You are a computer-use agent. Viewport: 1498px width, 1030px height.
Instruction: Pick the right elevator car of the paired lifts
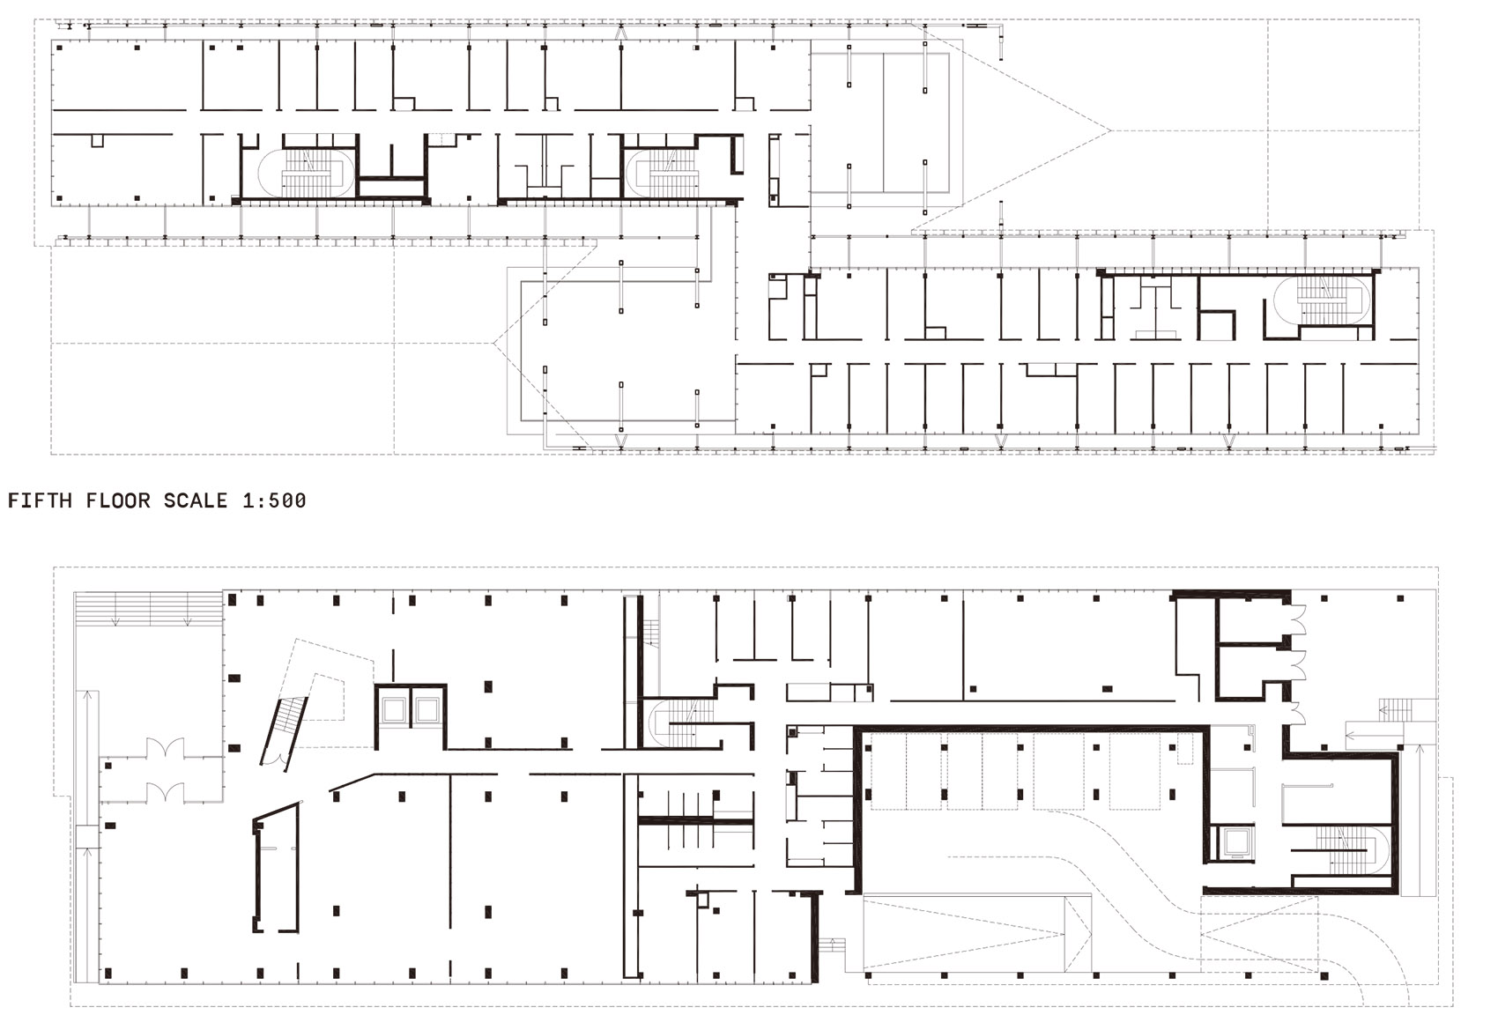pyautogui.click(x=426, y=708)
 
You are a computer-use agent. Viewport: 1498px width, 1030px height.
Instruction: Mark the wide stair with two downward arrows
pyautogui.click(x=148, y=609)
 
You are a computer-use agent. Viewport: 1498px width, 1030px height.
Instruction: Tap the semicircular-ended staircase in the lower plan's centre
pyautogui.click(x=683, y=722)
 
